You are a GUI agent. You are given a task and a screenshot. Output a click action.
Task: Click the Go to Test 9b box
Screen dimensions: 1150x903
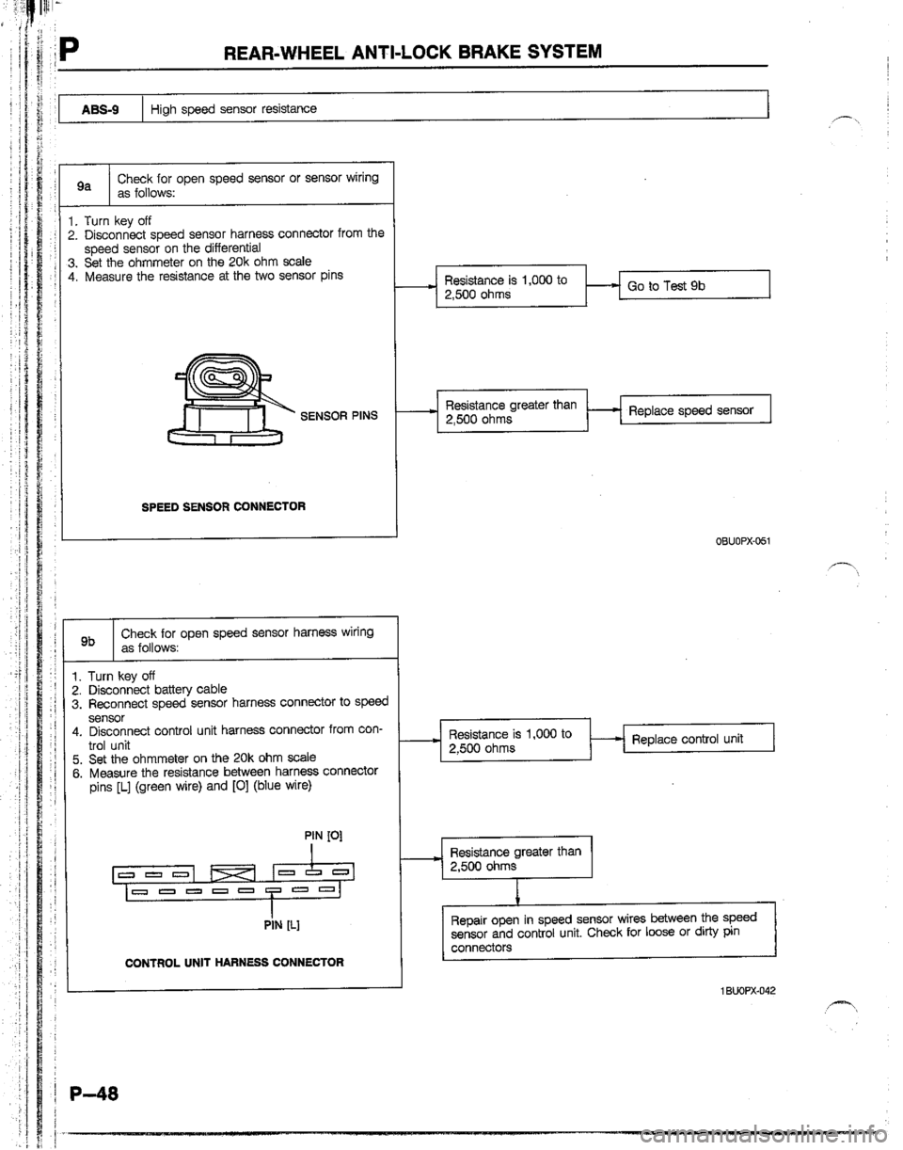click(x=693, y=286)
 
